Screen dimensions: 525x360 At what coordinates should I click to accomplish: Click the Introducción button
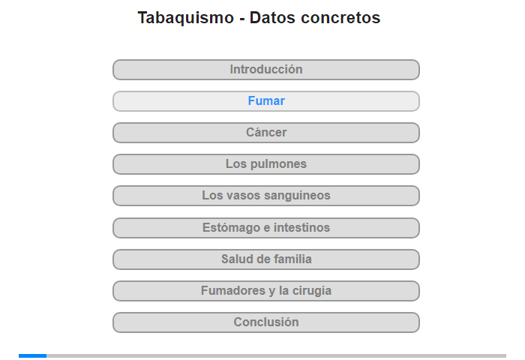click(x=266, y=70)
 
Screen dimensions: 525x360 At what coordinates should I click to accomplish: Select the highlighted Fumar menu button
click(x=266, y=101)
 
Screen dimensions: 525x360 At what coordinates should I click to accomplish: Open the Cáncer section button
click(x=266, y=133)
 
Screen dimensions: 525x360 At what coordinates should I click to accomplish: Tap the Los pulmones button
click(x=266, y=164)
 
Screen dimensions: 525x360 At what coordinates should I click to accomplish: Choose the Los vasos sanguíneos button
click(x=266, y=196)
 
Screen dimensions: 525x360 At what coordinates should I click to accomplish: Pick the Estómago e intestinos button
click(x=266, y=228)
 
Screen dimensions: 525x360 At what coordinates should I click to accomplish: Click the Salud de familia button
click(x=266, y=259)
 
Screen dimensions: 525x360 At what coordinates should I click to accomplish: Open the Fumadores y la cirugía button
click(x=266, y=291)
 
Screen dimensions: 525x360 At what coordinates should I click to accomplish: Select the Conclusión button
click(x=266, y=322)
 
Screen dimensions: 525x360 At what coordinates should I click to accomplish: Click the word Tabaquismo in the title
click(x=186, y=18)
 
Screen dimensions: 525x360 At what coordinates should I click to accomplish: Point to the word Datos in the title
click(x=272, y=17)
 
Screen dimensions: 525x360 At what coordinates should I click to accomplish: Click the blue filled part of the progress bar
click(x=32, y=355)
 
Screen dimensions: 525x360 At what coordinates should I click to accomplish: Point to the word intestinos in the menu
click(x=301, y=228)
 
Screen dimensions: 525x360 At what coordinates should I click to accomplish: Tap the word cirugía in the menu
click(x=312, y=291)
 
